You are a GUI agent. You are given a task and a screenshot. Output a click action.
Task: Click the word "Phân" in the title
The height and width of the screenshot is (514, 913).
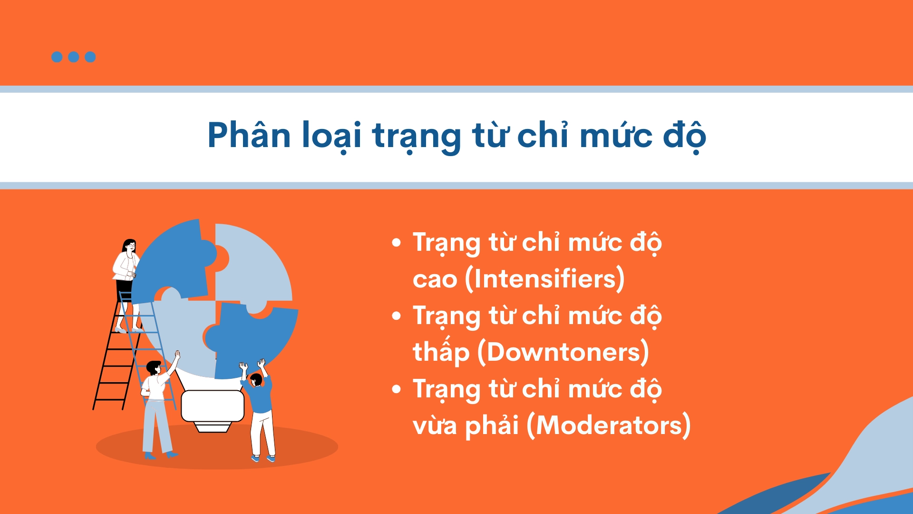coord(249,136)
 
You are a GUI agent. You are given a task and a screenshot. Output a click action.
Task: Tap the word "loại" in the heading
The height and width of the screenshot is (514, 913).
coord(331,136)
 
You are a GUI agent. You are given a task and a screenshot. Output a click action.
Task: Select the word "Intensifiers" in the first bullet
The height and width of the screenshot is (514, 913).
coord(545,279)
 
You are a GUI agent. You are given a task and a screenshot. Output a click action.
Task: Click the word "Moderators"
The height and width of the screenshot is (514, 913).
coord(609,425)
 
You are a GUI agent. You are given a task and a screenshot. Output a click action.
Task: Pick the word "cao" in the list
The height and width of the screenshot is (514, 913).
coord(435,280)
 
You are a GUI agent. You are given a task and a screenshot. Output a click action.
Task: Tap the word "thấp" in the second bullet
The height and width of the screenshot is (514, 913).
coord(441,352)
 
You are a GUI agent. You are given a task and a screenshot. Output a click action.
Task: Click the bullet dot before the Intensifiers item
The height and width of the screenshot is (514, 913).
coord(397,243)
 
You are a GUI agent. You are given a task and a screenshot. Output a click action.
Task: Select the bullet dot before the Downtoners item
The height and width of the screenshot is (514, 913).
coord(397,316)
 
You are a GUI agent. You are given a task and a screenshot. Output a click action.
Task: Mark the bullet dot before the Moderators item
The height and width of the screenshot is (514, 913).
coord(397,389)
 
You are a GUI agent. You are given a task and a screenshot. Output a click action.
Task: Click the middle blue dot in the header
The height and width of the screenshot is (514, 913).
coord(74,57)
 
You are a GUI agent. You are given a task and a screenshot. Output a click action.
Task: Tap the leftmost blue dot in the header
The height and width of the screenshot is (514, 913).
coord(57,57)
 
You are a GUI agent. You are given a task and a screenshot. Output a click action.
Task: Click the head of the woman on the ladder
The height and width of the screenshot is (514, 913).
coord(129,246)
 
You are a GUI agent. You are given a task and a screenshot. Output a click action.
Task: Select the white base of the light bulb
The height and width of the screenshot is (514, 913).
coord(213,406)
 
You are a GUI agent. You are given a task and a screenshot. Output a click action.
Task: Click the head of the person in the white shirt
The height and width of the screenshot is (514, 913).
coord(154,368)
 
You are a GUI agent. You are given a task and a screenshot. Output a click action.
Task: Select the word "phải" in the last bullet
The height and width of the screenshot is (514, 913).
coord(491,425)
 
